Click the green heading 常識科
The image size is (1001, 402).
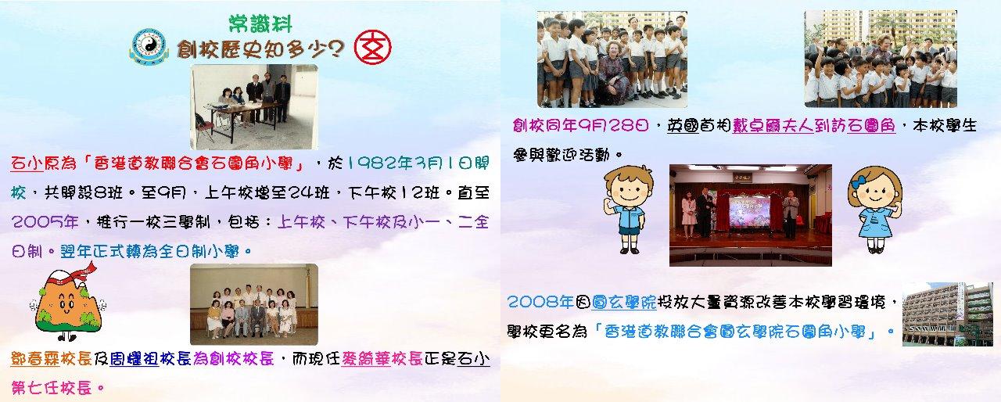[x=260, y=23]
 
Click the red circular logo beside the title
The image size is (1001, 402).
[x=373, y=48]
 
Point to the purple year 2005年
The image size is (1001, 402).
[x=45, y=222]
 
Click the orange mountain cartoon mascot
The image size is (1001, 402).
[x=68, y=302]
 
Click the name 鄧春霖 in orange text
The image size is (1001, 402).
[x=35, y=359]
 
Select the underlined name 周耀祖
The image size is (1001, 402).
[x=134, y=359]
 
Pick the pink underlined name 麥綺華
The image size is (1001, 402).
[x=365, y=359]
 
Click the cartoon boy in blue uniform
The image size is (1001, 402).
[x=627, y=209]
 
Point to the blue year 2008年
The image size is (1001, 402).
[x=540, y=303]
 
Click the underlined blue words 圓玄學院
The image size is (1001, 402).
[x=624, y=303]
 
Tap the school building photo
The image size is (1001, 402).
[x=947, y=314]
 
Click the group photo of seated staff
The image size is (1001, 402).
[x=254, y=304]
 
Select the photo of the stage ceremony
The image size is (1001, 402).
[x=750, y=215]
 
